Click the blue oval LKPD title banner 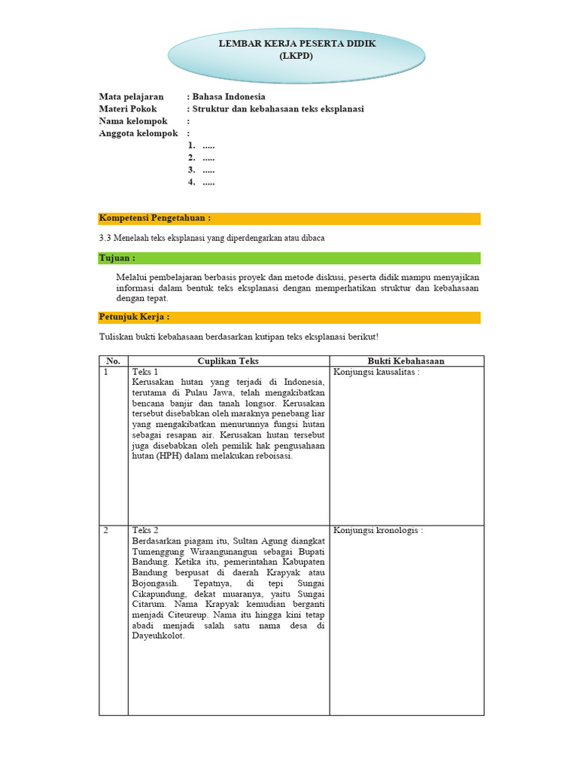(x=297, y=50)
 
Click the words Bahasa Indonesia (x=229, y=97)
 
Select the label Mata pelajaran (x=132, y=97)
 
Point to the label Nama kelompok (x=134, y=121)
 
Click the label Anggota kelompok (x=138, y=133)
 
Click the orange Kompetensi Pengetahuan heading (x=155, y=218)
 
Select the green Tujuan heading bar (x=289, y=258)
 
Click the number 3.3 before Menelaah (x=106, y=238)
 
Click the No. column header (x=113, y=361)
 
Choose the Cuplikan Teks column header (x=228, y=361)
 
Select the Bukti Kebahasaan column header (x=406, y=361)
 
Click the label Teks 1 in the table (x=145, y=372)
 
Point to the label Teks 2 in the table (x=145, y=530)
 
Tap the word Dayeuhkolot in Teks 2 (x=158, y=635)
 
